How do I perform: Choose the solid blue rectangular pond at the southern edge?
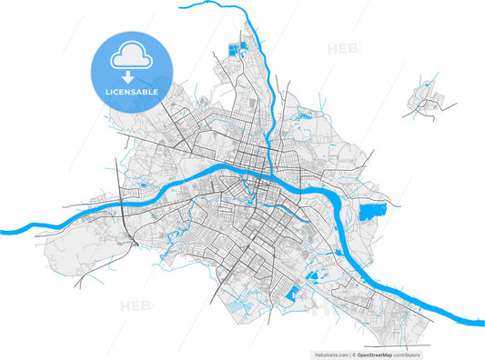coord(293,294)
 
